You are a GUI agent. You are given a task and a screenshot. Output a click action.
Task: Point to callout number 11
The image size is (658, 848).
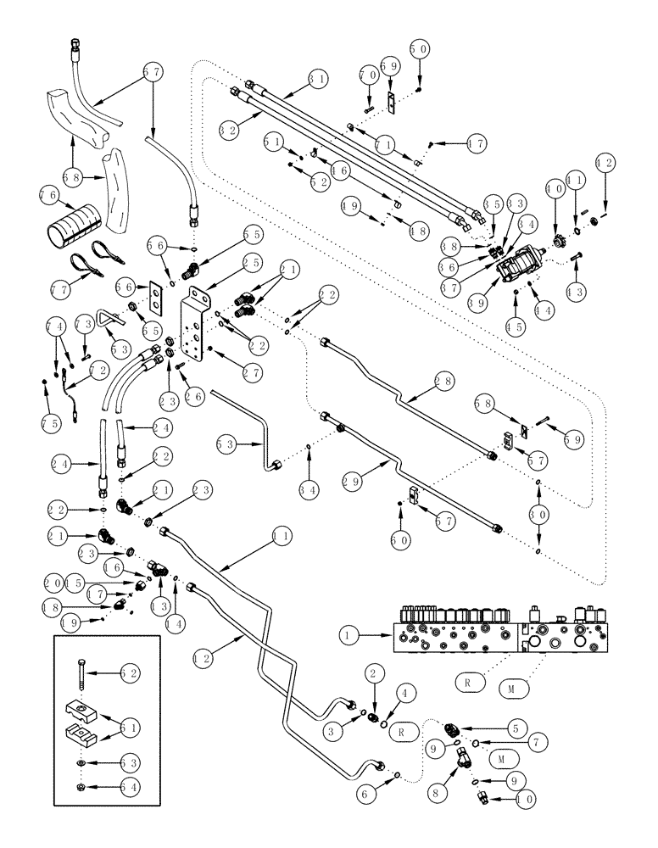coord(279,536)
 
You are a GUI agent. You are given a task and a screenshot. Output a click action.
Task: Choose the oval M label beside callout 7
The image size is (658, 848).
coord(500,756)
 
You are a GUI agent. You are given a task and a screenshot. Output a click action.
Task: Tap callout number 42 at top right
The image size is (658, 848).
coord(605,162)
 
